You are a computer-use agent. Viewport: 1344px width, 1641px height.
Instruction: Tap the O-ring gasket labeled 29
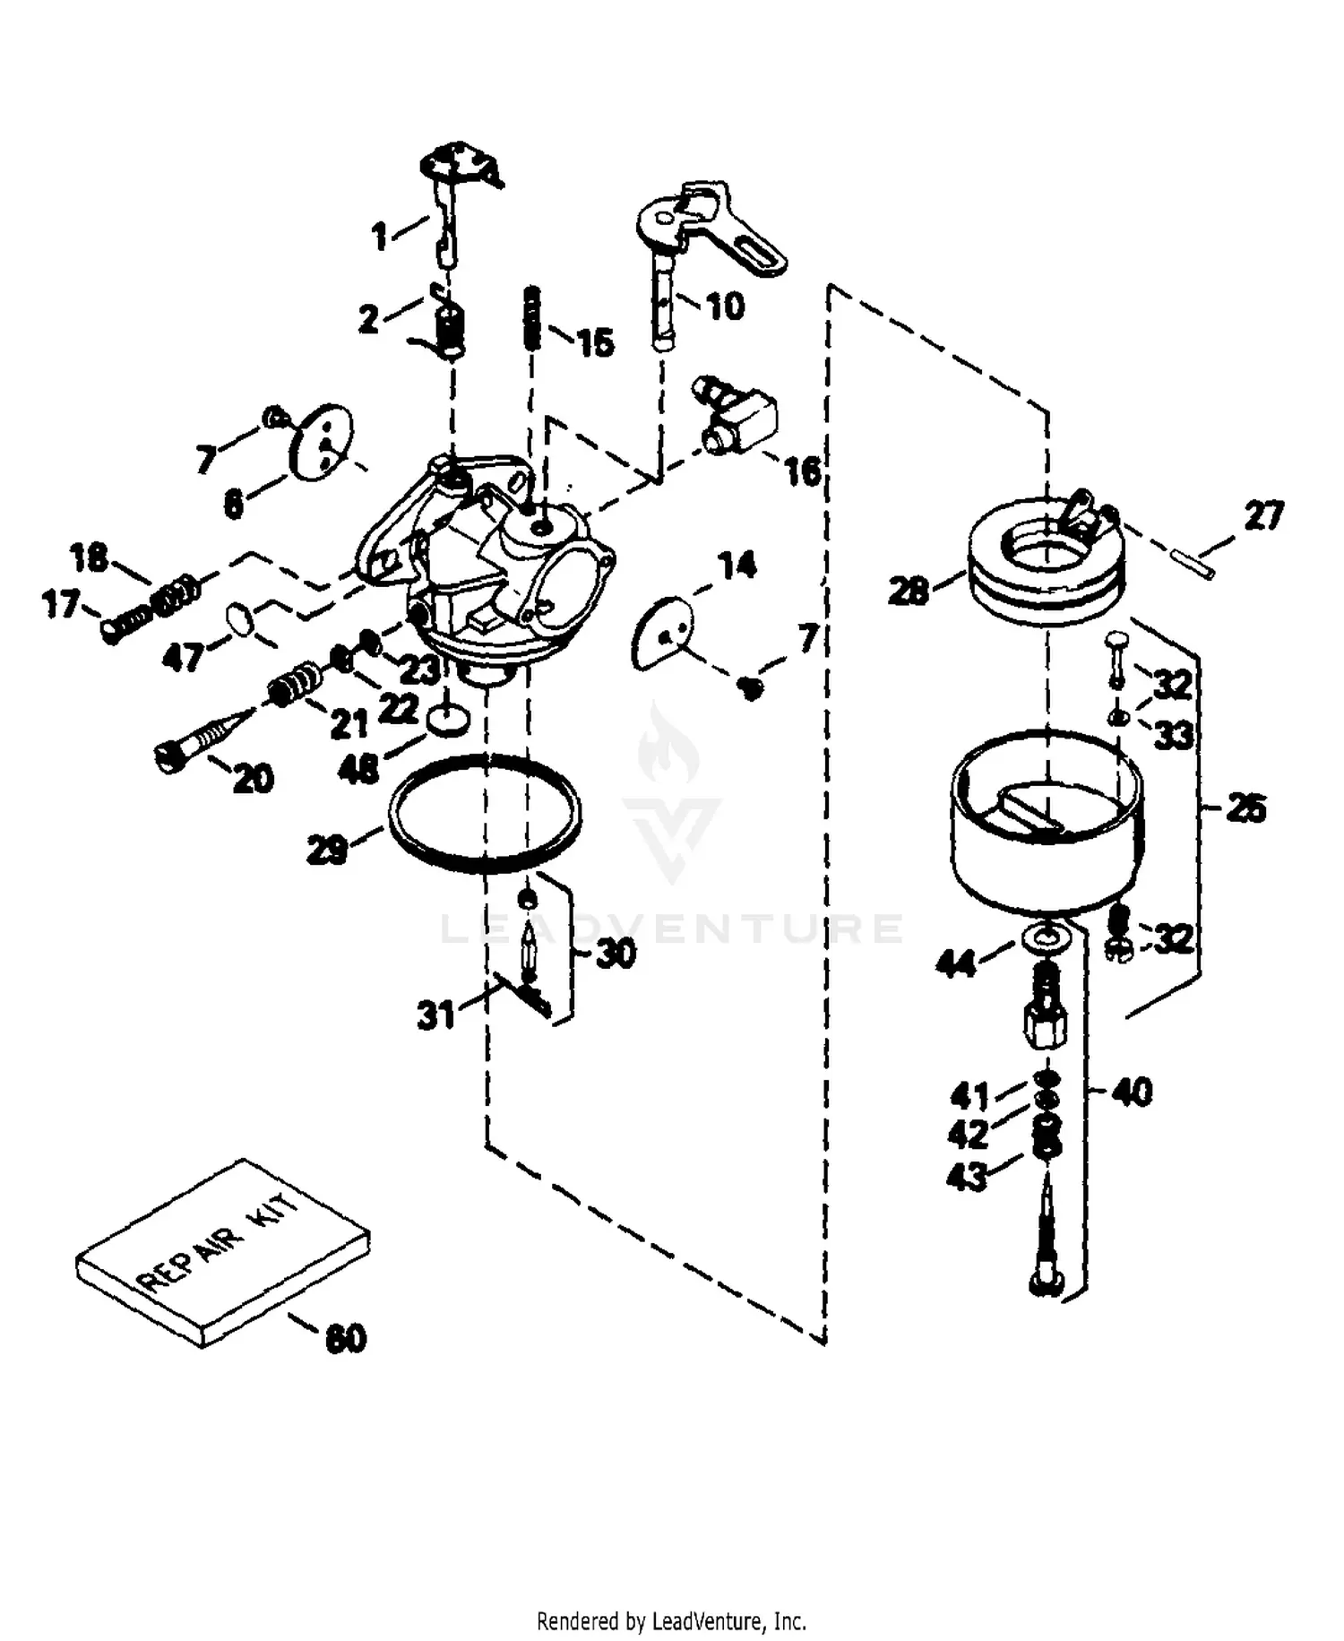tap(485, 812)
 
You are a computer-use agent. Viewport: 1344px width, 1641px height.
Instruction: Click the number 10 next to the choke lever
tap(726, 307)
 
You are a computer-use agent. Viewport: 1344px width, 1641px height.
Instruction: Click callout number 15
tap(595, 342)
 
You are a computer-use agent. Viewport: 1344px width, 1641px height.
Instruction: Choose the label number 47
tap(183, 657)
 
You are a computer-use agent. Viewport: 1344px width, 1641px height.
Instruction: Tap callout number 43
tap(968, 1177)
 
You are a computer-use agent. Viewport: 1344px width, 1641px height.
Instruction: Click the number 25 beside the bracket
tap(1245, 808)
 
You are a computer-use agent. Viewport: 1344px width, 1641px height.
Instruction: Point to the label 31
tap(437, 1015)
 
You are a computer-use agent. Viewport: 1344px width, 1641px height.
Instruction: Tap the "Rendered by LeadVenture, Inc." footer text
tap(671, 1620)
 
